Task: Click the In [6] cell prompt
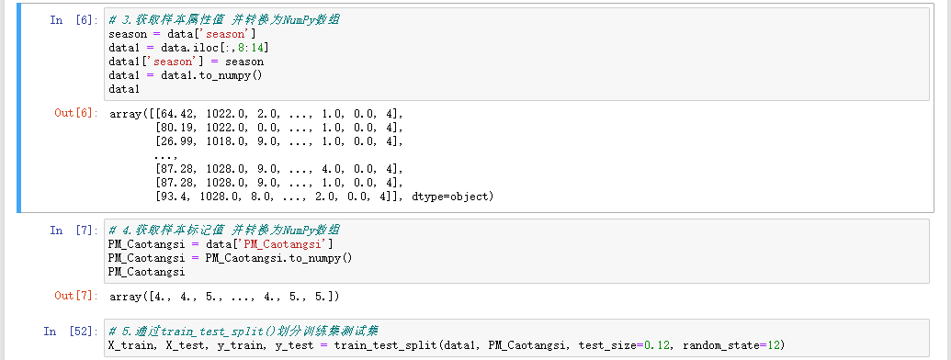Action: [x=70, y=20]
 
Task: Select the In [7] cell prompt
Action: [x=70, y=230]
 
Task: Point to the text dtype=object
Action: [x=454, y=197]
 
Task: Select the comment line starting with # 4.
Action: [x=224, y=230]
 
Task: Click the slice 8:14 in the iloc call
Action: [x=250, y=48]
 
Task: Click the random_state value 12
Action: [x=777, y=344]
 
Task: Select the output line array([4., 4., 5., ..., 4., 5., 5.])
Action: [x=225, y=297]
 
